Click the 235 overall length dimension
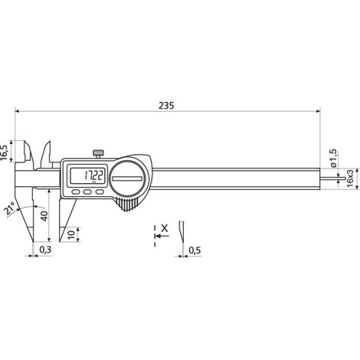(x=166, y=106)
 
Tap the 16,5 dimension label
(x=5, y=152)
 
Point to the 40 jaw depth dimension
(x=44, y=216)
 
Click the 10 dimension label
(x=72, y=234)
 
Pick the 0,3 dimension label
(x=45, y=250)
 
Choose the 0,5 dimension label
(x=195, y=250)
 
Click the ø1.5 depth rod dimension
(x=334, y=159)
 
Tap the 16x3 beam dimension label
(x=351, y=178)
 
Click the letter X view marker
(x=165, y=228)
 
